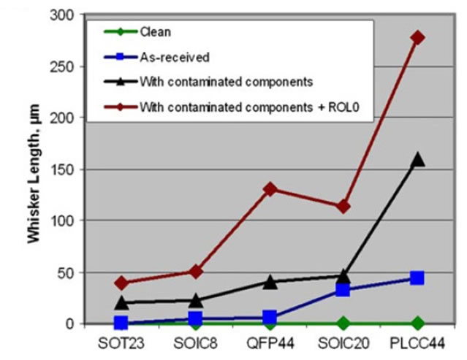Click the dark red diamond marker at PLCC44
[417, 37]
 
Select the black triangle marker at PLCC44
[417, 159]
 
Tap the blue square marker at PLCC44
[417, 278]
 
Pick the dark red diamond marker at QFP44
[270, 189]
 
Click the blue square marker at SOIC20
[343, 290]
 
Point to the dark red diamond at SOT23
[121, 283]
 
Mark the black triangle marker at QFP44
[270, 281]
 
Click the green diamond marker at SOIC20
[343, 323]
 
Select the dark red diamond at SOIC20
[343, 206]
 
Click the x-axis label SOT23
[121, 342]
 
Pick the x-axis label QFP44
[270, 342]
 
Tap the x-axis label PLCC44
[417, 342]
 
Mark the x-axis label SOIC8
[195, 342]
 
